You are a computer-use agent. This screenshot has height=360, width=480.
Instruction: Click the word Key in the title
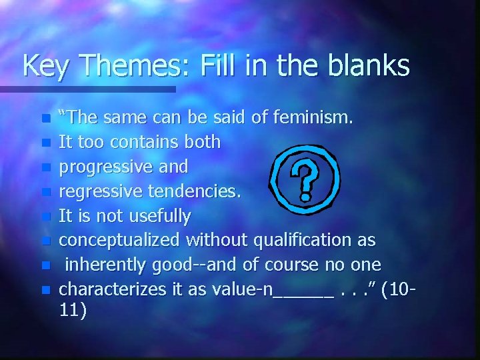point(44,65)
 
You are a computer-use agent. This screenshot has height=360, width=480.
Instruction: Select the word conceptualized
point(120,239)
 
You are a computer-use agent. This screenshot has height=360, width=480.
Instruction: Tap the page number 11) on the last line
point(73,311)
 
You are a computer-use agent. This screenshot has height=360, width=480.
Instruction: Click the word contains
point(145,141)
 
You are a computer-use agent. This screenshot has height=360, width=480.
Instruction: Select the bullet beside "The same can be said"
point(45,119)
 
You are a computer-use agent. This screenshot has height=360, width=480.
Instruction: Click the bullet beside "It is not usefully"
point(45,217)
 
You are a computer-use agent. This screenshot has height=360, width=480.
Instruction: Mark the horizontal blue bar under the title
point(87,89)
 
